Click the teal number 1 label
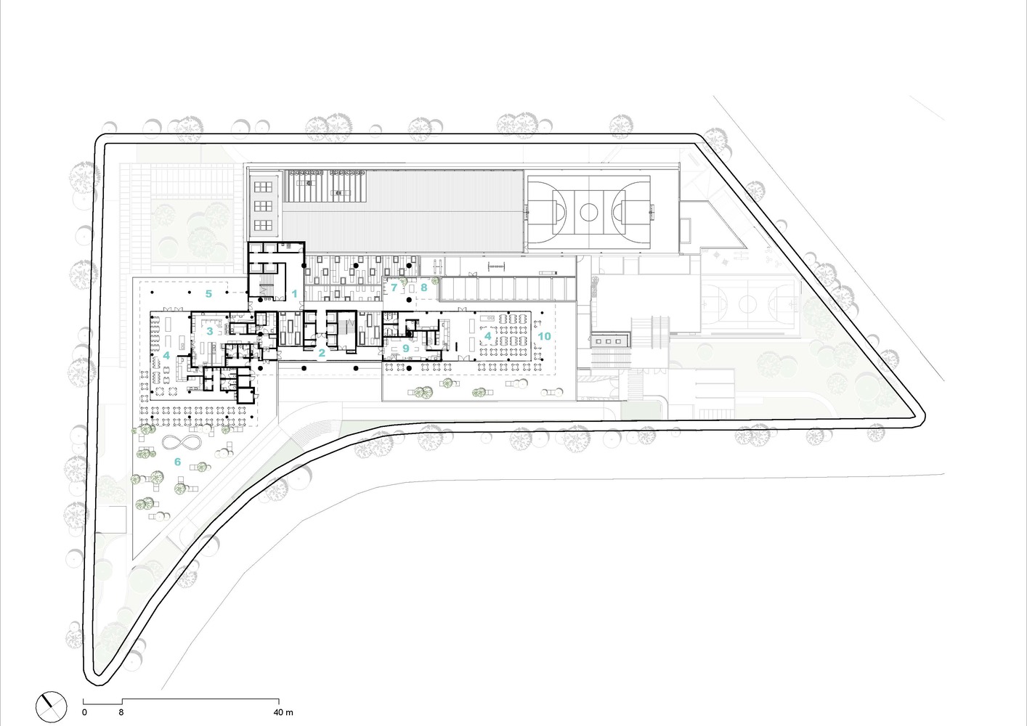[295, 294]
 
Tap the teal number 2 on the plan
[322, 353]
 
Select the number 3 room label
[209, 331]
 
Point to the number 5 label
[208, 294]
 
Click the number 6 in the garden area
[177, 462]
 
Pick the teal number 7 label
[394, 287]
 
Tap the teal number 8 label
[423, 287]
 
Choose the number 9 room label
[405, 348]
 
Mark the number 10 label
[544, 336]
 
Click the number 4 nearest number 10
[488, 336]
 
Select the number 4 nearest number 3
[166, 355]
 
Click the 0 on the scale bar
[84, 712]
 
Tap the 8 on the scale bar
[121, 712]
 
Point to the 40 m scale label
[283, 712]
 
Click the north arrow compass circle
[52, 706]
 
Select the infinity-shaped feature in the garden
[182, 443]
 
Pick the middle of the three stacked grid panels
[263, 206]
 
